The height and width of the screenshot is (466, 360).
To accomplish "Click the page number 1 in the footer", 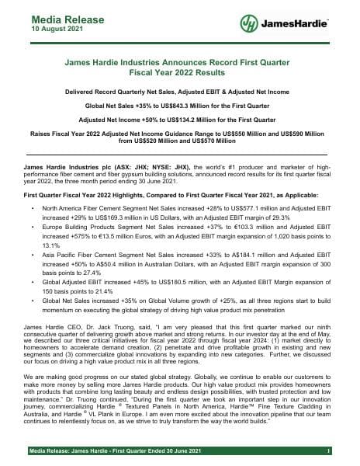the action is click(x=330, y=450).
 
